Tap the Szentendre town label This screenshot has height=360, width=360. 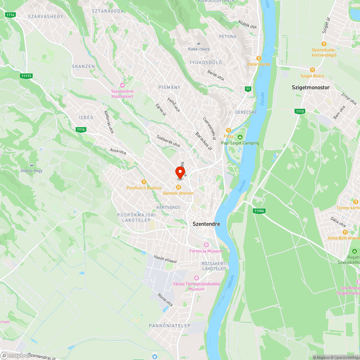click(206, 224)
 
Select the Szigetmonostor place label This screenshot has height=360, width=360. click(310, 87)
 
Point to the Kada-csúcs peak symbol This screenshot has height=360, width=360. click(199, 43)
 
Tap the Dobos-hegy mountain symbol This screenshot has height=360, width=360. click(32, 165)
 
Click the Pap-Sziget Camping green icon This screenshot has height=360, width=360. click(240, 137)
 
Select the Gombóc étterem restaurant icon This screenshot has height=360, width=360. click(178, 187)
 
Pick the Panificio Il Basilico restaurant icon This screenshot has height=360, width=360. click(144, 182)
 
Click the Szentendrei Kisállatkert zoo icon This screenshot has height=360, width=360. click(122, 85)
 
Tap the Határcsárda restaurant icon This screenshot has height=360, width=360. click(258, 58)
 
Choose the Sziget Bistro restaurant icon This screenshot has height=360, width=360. click(312, 70)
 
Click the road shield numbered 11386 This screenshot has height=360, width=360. click(259, 211)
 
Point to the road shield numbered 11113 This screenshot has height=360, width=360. click(27, 76)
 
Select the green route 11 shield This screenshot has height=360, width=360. click(248, 89)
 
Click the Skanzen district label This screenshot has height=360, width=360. click(83, 67)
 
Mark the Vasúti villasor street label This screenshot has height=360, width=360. click(166, 258)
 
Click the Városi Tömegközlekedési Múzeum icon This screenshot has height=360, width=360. click(196, 278)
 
